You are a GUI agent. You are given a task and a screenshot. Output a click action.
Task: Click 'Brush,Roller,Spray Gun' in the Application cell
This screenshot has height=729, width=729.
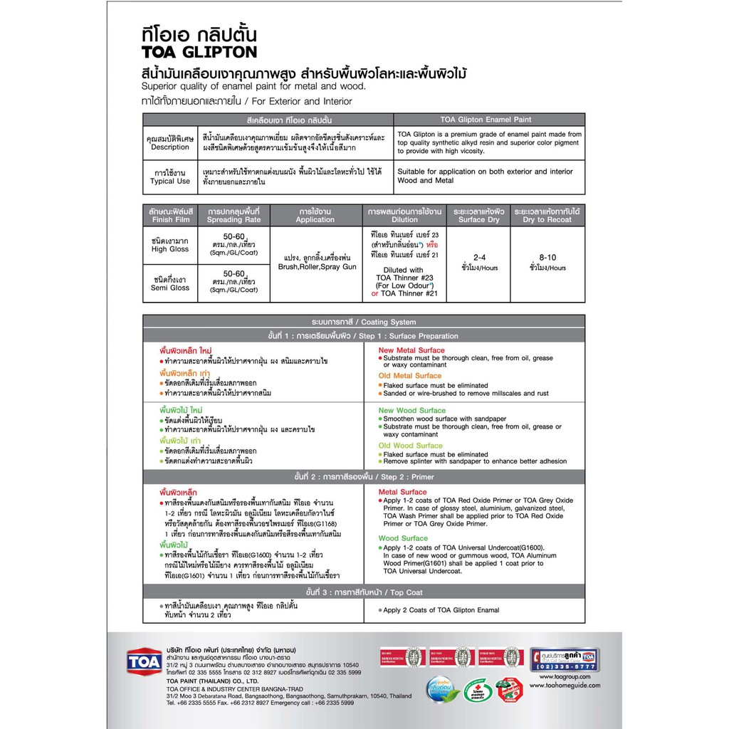point(315,266)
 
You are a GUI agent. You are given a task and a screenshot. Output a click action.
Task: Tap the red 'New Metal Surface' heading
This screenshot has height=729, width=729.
point(411,350)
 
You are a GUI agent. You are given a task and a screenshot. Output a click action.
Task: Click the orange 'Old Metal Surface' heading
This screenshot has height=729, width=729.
point(410,376)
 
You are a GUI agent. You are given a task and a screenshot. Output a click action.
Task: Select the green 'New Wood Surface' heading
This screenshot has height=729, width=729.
point(412,411)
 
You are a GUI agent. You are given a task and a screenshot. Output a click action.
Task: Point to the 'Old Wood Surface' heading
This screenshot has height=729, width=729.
point(411,446)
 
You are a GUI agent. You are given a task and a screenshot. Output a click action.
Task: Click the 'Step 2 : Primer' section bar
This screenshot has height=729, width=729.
point(364,477)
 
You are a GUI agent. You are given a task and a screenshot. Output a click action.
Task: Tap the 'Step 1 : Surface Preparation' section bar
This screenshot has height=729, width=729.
point(364,336)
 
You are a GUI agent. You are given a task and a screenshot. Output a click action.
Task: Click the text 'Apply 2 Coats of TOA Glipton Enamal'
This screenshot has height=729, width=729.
point(441,610)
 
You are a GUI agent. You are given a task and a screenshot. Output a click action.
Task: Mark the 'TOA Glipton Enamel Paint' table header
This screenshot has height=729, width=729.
point(489,120)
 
